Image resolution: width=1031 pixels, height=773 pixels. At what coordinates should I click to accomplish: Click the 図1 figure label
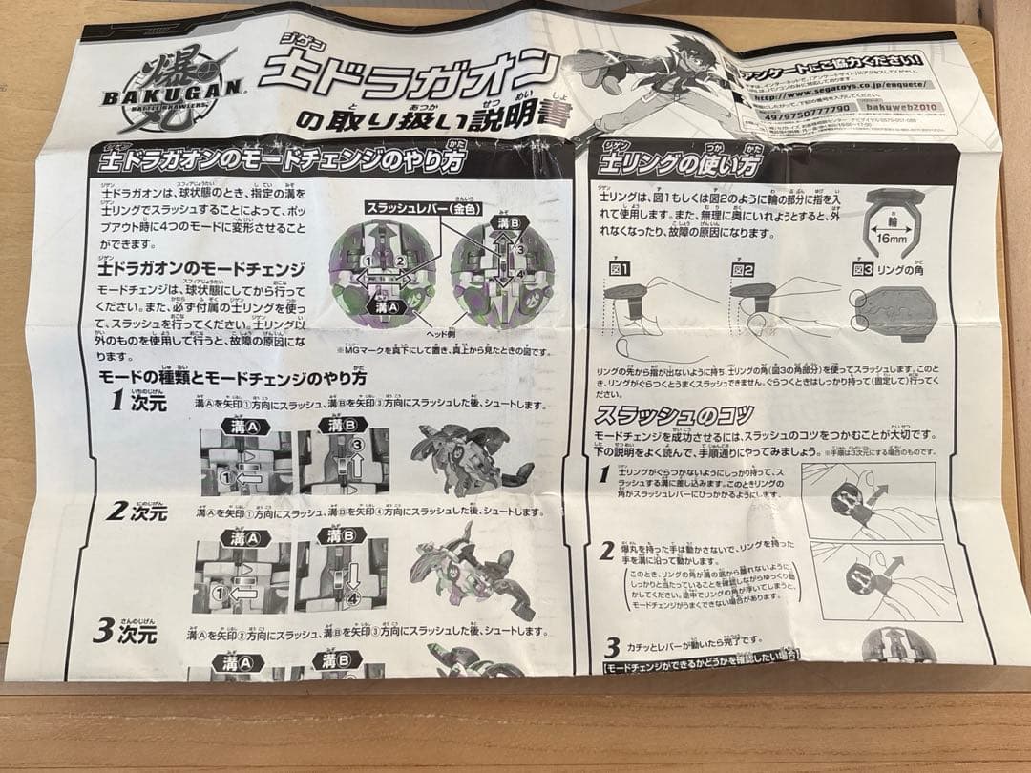(x=621, y=269)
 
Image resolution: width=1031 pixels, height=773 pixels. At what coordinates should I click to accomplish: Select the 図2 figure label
(x=745, y=270)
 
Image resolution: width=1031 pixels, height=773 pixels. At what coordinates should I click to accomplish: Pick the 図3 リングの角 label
(x=894, y=270)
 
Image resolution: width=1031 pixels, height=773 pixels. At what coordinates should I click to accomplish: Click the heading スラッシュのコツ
(x=674, y=415)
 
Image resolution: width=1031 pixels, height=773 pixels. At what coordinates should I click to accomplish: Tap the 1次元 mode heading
(x=138, y=401)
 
